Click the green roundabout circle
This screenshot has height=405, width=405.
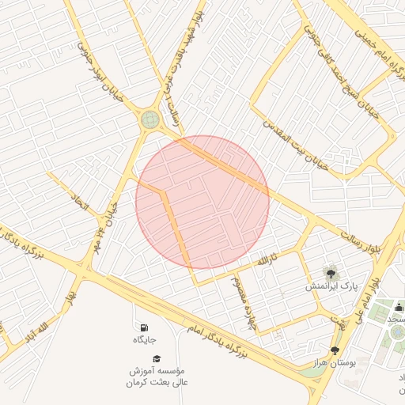[x=149, y=120]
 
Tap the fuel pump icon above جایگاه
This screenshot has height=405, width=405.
[x=142, y=327]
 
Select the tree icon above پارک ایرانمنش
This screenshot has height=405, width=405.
[x=331, y=272]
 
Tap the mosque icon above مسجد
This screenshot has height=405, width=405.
[x=398, y=306]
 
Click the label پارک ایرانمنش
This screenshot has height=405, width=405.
[x=332, y=286]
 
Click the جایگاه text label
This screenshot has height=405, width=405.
[x=144, y=340]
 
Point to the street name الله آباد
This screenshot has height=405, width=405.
[x=37, y=329]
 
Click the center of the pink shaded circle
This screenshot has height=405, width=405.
[x=202, y=202]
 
